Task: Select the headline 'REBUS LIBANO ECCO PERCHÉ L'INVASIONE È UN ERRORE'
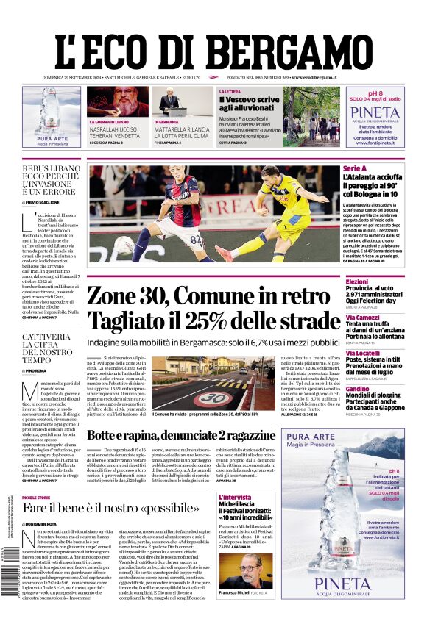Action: (50, 182)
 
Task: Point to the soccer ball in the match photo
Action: (123, 245)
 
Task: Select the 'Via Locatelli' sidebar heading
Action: (364, 353)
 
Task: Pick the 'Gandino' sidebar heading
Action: (358, 389)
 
